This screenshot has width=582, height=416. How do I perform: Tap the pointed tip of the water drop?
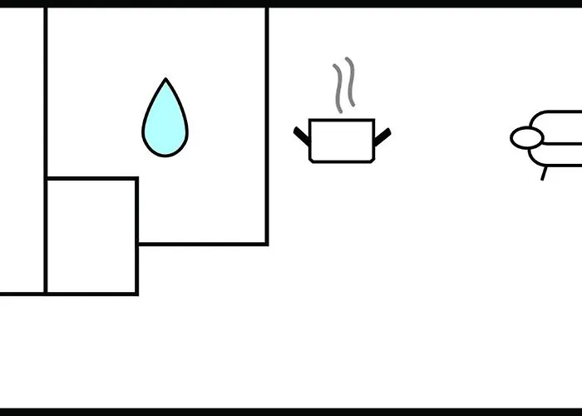click(x=165, y=81)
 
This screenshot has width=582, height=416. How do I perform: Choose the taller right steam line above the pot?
click(x=350, y=82)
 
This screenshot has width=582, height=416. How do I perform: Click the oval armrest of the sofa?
click(x=525, y=138)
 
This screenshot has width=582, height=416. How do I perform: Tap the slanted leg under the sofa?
click(x=545, y=173)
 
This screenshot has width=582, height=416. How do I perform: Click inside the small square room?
click(x=91, y=235)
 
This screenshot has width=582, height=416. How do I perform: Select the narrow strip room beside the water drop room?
click(x=22, y=150)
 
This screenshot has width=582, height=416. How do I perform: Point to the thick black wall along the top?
click(x=291, y=3)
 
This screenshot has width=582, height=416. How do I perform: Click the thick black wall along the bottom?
click(x=291, y=412)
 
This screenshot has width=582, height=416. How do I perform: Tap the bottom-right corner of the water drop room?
click(x=266, y=244)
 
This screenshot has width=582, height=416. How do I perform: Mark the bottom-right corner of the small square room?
click(x=136, y=293)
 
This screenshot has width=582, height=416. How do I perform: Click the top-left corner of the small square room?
click(x=47, y=178)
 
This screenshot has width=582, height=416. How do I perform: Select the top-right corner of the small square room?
click(x=136, y=178)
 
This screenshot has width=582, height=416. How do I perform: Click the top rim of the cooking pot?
click(x=341, y=121)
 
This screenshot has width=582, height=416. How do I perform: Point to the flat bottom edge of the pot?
click(x=341, y=161)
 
